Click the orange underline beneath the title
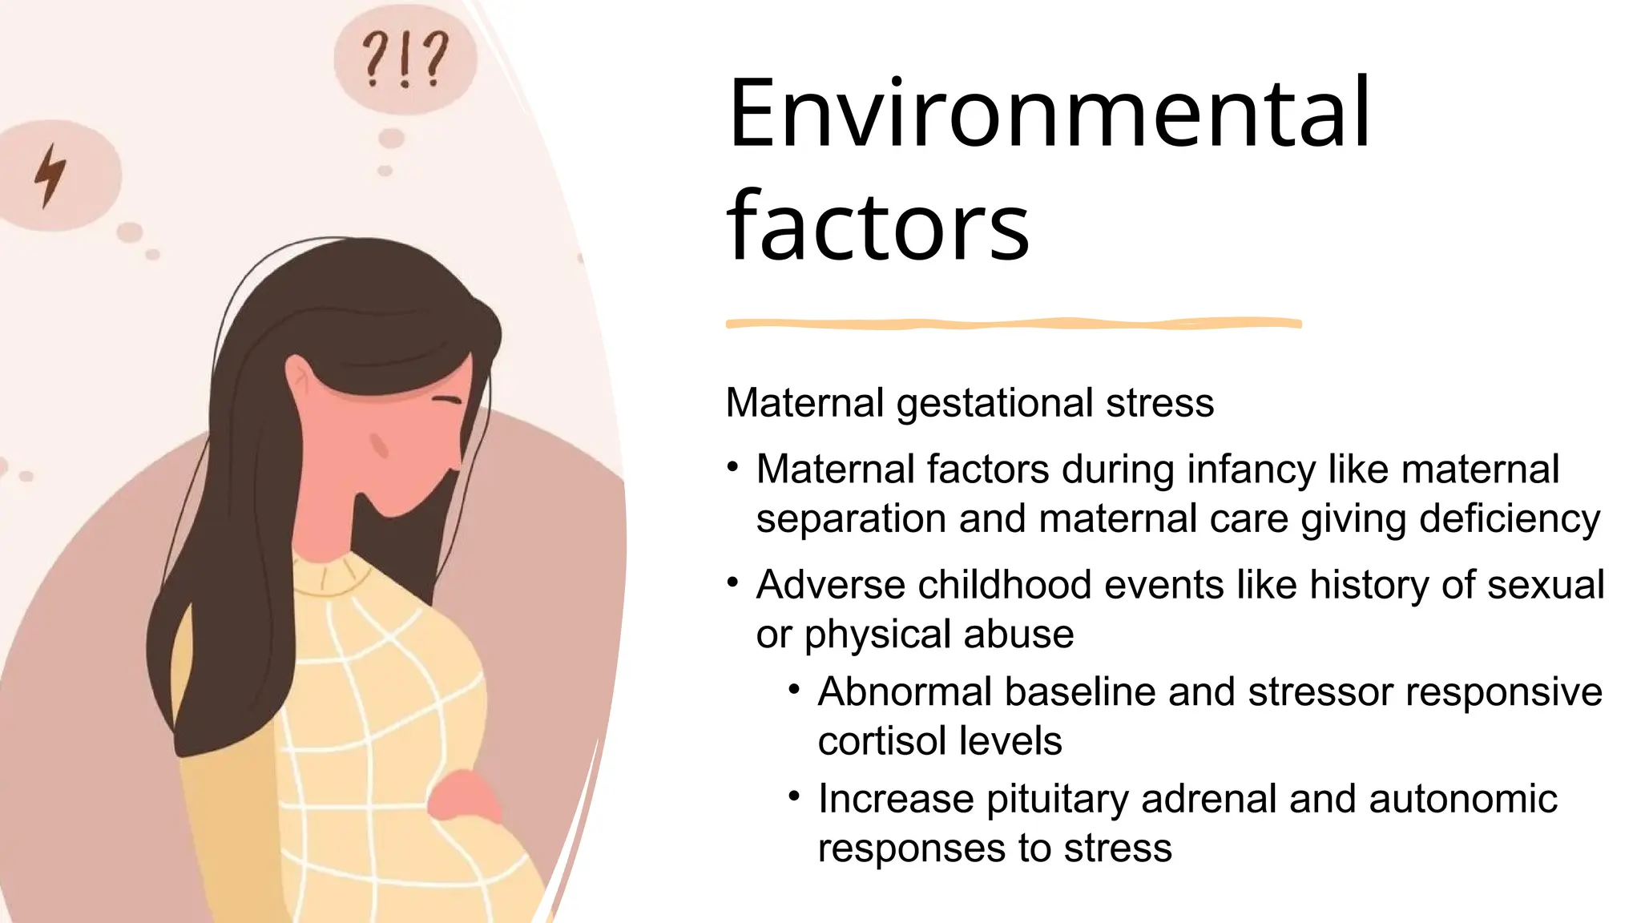click(x=1014, y=324)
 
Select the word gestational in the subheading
click(x=994, y=403)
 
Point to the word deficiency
click(x=1510, y=519)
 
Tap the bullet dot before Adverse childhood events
click(x=732, y=582)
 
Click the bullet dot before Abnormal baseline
click(x=794, y=689)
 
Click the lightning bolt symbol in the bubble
click(x=50, y=175)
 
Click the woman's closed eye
click(x=447, y=400)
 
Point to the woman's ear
click(x=301, y=377)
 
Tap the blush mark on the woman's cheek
click(x=379, y=445)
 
